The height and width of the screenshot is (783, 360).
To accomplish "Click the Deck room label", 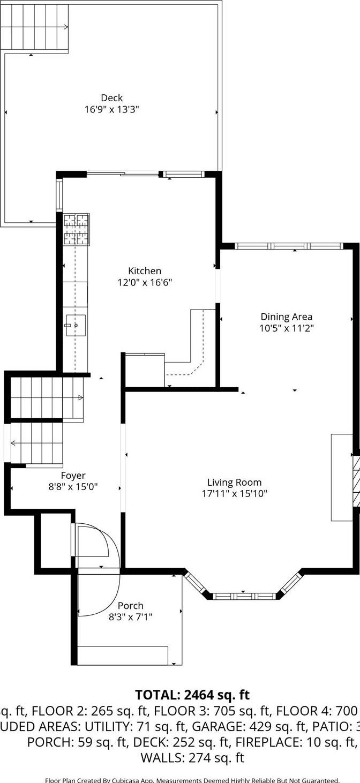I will click(x=111, y=98).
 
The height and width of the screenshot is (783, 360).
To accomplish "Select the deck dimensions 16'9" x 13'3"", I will click(x=111, y=110).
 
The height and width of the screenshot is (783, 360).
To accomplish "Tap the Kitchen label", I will click(x=144, y=271).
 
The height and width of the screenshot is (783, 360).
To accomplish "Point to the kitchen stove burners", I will click(x=76, y=229).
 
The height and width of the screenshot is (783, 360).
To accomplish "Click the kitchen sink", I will click(x=76, y=325).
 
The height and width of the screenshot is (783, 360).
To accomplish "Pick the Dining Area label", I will click(x=286, y=317).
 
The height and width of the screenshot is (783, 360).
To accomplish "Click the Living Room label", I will click(x=234, y=483).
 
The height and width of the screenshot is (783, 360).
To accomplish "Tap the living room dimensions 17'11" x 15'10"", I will click(x=234, y=494).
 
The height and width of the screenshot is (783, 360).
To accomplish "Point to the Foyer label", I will click(x=73, y=476).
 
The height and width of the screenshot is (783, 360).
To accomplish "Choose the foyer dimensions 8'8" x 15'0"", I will click(x=73, y=487).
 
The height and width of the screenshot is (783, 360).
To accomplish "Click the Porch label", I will click(x=130, y=606).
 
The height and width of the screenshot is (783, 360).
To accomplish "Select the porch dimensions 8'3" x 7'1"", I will click(x=130, y=617).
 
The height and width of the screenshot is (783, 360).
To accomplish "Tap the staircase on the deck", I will click(x=35, y=27).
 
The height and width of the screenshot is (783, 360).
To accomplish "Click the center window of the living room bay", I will click(x=244, y=596).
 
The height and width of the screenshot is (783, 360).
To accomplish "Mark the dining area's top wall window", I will click(x=289, y=246).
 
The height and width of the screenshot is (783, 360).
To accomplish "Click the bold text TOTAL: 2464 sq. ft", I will click(x=192, y=695).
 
